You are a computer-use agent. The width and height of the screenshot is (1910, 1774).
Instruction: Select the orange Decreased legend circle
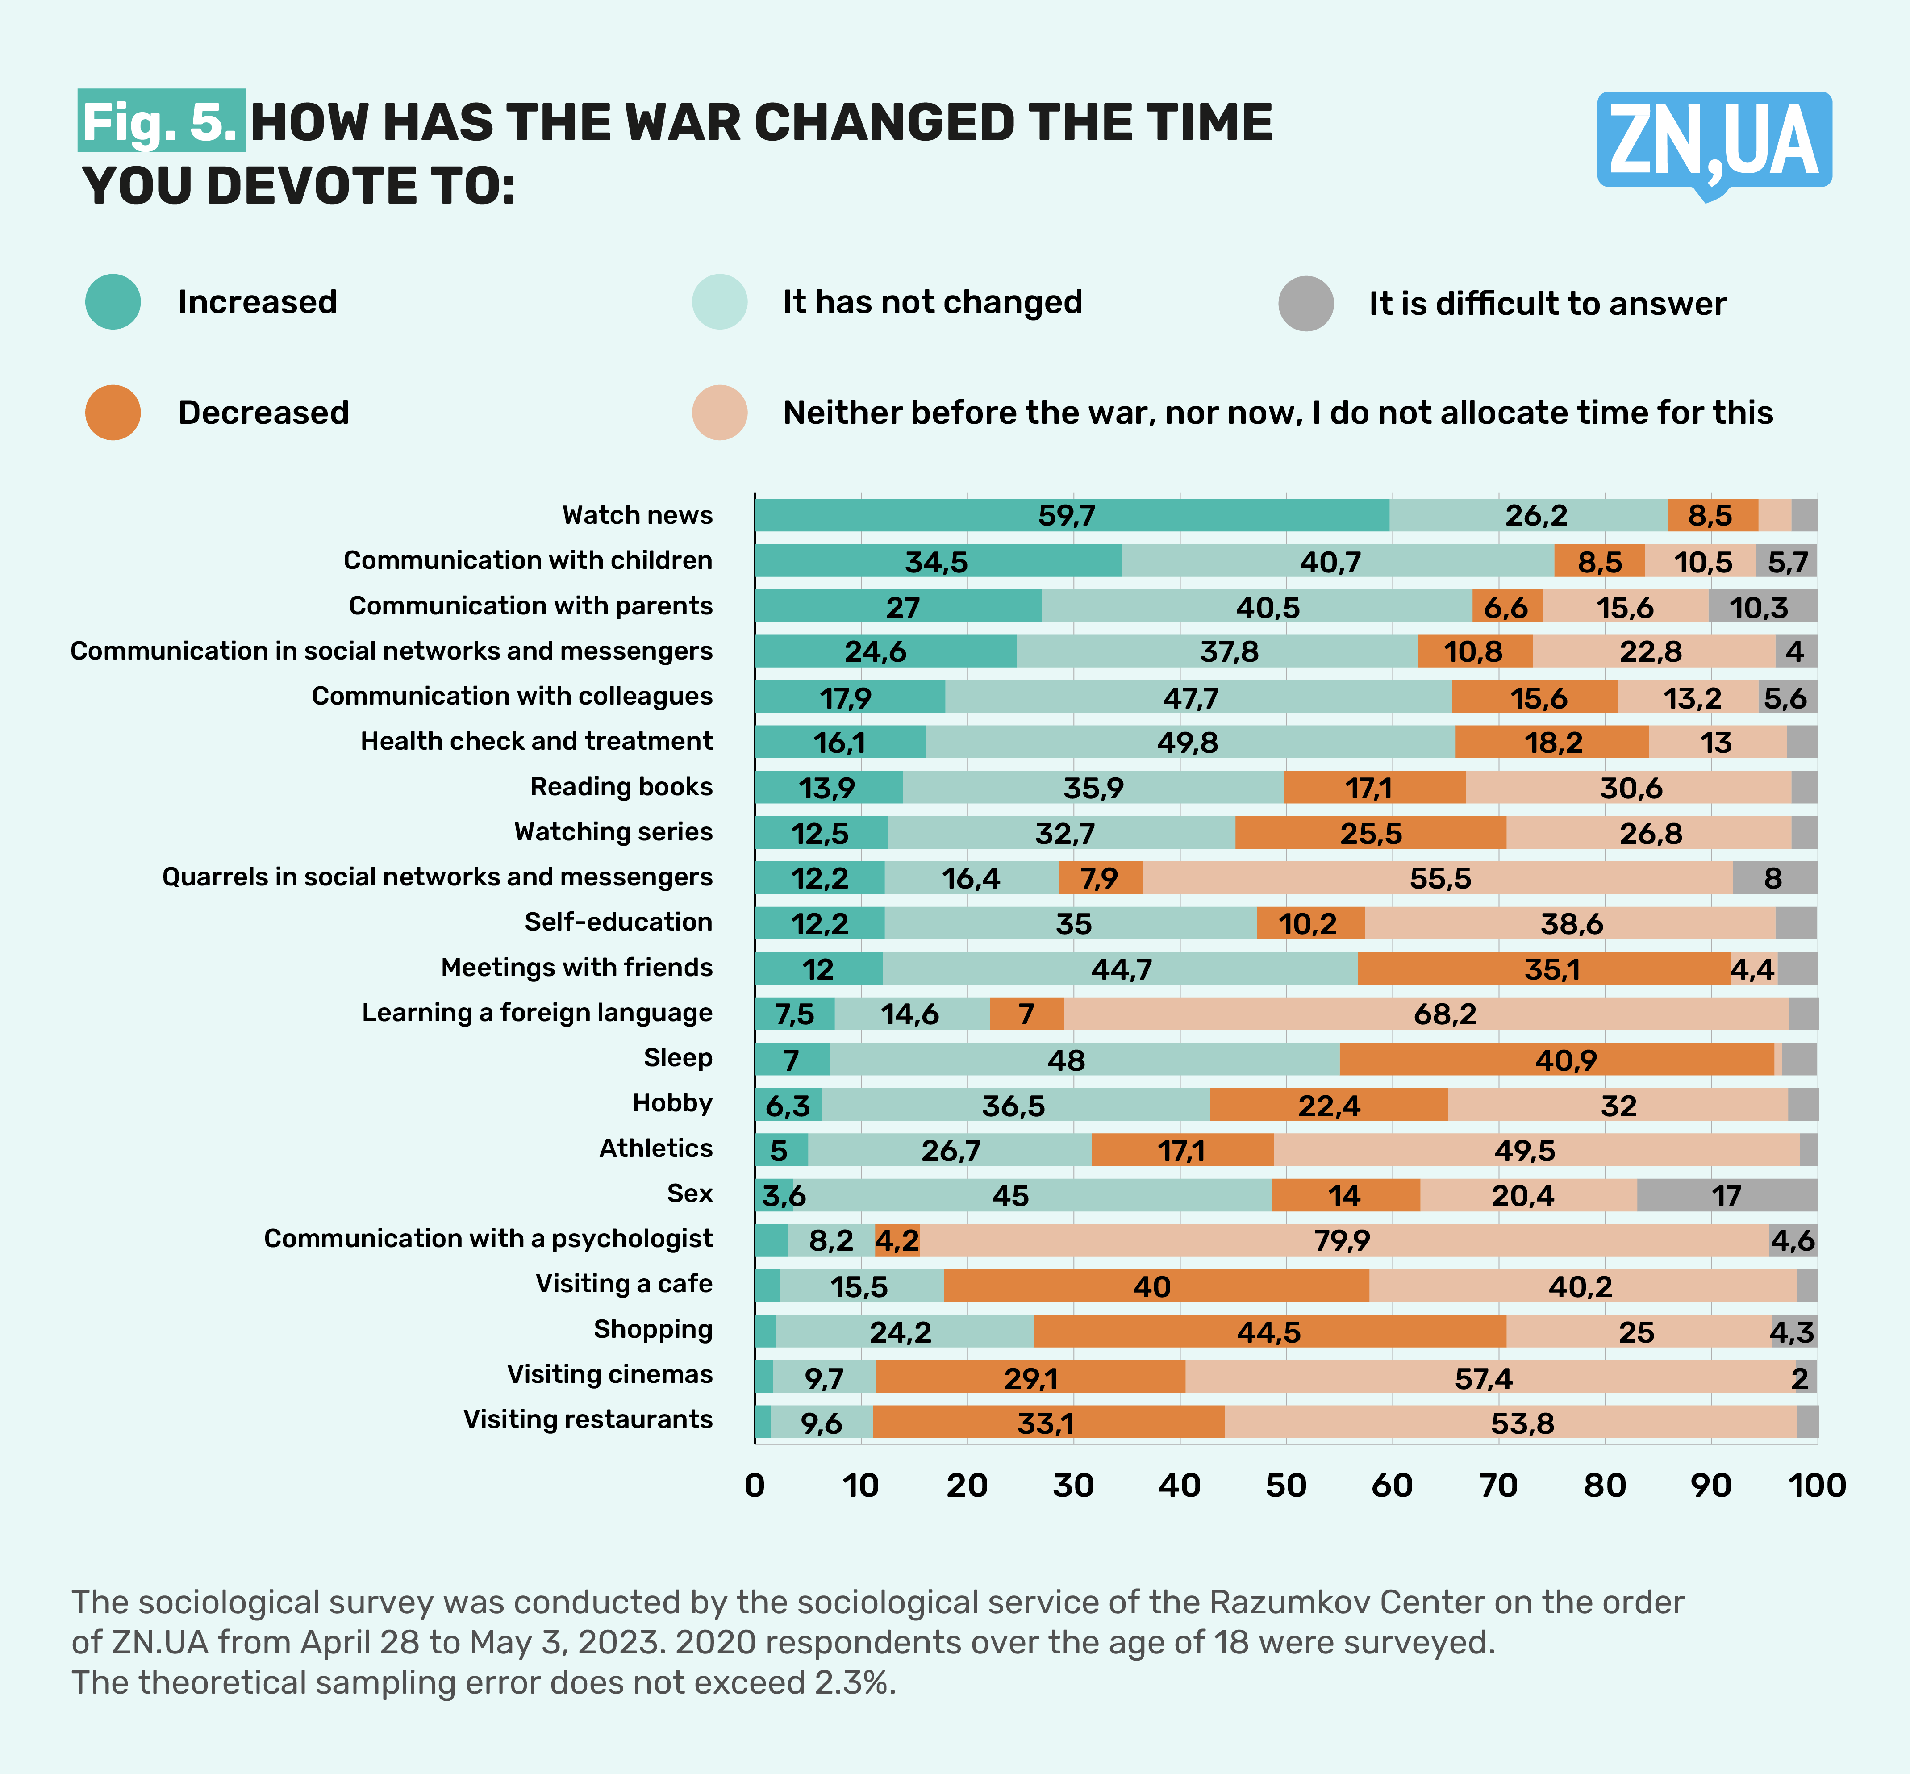point(113,413)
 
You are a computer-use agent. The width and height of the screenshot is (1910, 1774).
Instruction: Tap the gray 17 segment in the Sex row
point(1727,1195)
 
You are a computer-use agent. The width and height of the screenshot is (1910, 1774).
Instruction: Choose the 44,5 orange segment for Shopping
point(1269,1332)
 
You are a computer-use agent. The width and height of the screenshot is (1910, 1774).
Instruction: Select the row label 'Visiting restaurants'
point(588,1420)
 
